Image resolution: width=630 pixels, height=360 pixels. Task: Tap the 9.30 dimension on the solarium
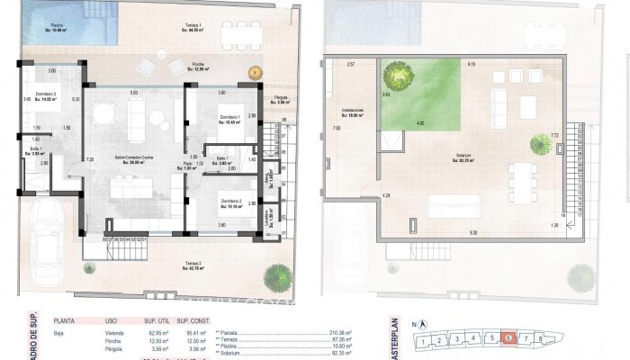tap(472, 233)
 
